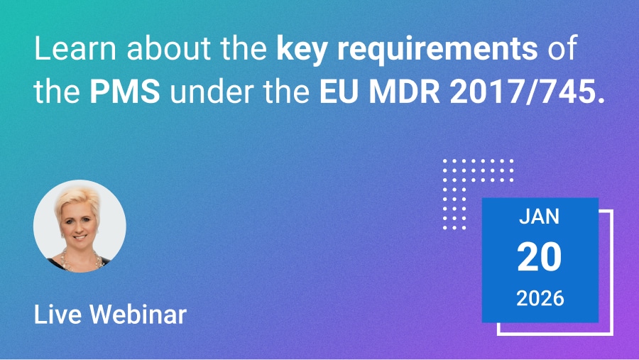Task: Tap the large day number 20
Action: [540, 257]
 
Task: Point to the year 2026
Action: [540, 298]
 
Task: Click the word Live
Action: [54, 313]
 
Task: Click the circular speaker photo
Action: [80, 226]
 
